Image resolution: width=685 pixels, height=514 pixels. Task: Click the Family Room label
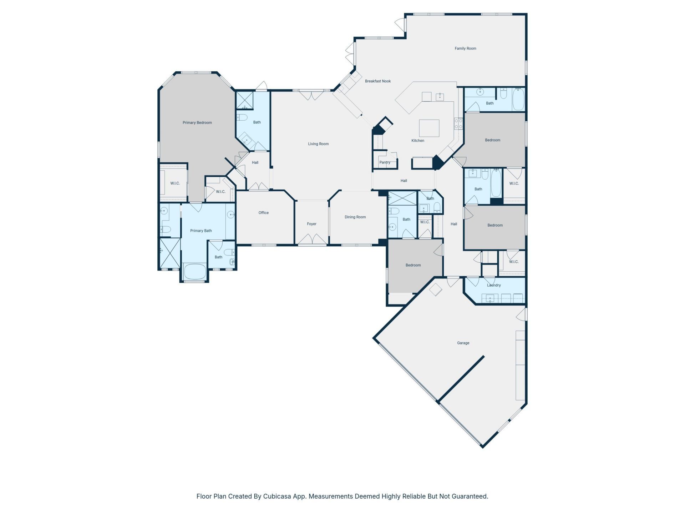click(465, 49)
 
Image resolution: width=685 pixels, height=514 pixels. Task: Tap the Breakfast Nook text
click(378, 81)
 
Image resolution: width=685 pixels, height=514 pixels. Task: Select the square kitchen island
click(429, 128)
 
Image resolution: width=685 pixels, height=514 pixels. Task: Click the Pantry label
click(385, 162)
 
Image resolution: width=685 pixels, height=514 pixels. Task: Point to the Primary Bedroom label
click(197, 123)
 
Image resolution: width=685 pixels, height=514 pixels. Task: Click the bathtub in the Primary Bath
click(194, 272)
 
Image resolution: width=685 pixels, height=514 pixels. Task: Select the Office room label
click(263, 213)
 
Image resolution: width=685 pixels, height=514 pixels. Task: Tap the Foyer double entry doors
click(312, 240)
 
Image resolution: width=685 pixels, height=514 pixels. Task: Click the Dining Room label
click(355, 217)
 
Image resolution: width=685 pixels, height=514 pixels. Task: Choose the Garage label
click(463, 343)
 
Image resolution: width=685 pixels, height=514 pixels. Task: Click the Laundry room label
click(494, 285)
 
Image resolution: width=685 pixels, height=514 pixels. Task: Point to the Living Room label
click(318, 144)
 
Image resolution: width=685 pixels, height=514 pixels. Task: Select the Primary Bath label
click(201, 231)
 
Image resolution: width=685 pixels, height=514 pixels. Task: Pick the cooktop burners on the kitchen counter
click(458, 124)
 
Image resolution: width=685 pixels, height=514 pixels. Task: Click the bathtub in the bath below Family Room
click(518, 100)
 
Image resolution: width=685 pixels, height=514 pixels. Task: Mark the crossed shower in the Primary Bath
click(170, 253)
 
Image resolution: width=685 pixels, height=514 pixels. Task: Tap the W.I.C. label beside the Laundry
click(514, 262)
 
